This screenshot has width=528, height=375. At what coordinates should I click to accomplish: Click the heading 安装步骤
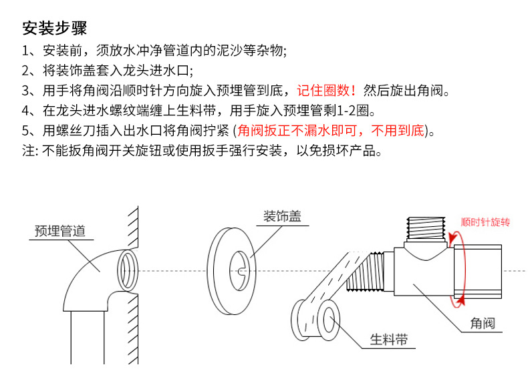pyautogui.click(x=54, y=29)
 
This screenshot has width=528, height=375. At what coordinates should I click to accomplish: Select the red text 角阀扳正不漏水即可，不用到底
pyautogui.click(x=332, y=130)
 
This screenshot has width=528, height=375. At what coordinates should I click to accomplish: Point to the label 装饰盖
pyautogui.click(x=281, y=216)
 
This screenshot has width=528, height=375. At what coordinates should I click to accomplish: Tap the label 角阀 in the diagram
pyautogui.click(x=482, y=324)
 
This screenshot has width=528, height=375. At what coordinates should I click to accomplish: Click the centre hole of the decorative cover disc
pyautogui.click(x=240, y=270)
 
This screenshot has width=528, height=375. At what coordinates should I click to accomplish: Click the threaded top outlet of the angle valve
pyautogui.click(x=427, y=231)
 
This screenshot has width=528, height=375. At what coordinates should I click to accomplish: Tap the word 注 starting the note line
pyautogui.click(x=28, y=150)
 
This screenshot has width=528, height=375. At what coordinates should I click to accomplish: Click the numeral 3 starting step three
pyautogui.click(x=26, y=90)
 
